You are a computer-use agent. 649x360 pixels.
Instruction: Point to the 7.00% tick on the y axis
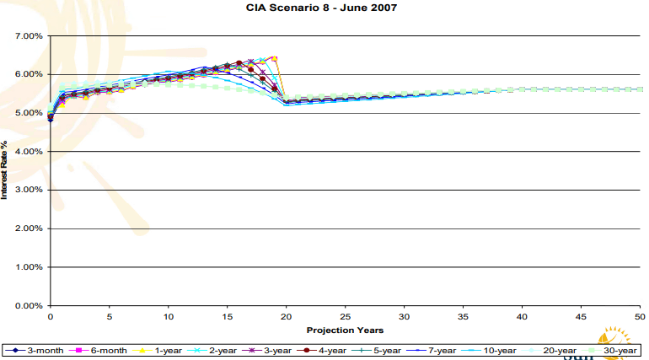pyautogui.click(x=28, y=36)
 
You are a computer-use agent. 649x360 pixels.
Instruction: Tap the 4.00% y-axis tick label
pyautogui.click(x=28, y=152)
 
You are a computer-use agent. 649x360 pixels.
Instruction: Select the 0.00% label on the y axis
pyautogui.click(x=28, y=305)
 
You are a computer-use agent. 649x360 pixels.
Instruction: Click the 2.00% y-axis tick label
pyautogui.click(x=28, y=228)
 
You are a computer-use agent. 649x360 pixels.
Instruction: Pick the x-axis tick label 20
pyautogui.click(x=287, y=317)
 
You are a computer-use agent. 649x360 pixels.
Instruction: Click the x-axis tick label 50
pyautogui.click(x=640, y=317)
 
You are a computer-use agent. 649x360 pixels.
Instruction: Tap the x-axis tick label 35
pyautogui.click(x=463, y=317)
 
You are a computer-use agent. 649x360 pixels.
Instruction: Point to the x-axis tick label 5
pyautogui.click(x=110, y=317)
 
